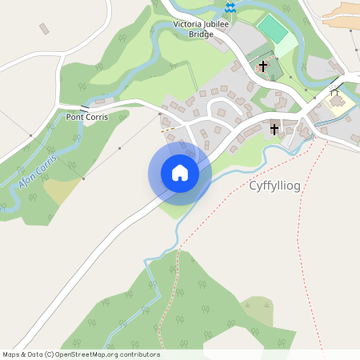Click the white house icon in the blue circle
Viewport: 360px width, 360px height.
pyautogui.click(x=180, y=173)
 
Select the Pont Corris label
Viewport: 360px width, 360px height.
pyautogui.click(x=87, y=117)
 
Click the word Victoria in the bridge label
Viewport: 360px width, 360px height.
pyautogui.click(x=190, y=25)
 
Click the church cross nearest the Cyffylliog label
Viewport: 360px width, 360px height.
pyautogui.click(x=274, y=129)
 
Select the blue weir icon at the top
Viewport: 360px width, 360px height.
pyautogui.click(x=230, y=7)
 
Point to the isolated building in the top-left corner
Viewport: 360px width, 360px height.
pyautogui.click(x=44, y=29)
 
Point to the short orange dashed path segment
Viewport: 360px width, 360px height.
pyautogui.click(x=168, y=129)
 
